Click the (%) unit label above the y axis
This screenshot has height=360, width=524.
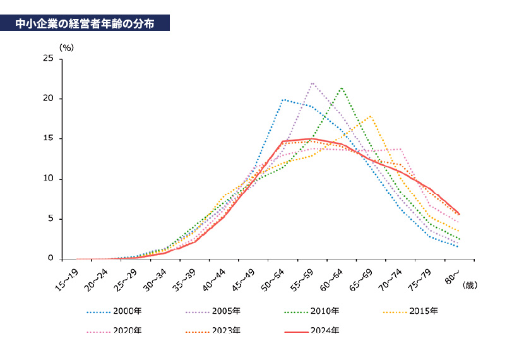[66, 47]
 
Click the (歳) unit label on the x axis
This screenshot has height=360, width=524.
[470, 285]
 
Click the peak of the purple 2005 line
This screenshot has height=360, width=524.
[312, 83]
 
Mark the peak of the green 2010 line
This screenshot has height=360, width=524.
[342, 88]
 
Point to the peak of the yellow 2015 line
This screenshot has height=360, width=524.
[371, 116]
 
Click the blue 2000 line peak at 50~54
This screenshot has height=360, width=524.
[282, 99]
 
